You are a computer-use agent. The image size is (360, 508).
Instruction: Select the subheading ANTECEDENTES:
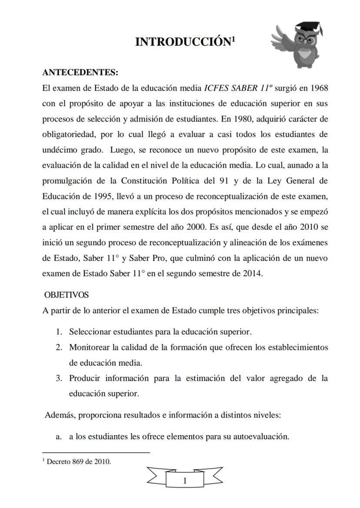(80, 72)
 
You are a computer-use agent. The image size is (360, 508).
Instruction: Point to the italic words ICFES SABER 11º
(231, 88)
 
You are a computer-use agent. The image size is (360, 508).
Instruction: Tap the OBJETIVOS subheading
(67, 295)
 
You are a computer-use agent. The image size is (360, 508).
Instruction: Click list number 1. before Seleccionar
(60, 332)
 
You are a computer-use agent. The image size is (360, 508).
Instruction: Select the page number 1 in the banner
(185, 481)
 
